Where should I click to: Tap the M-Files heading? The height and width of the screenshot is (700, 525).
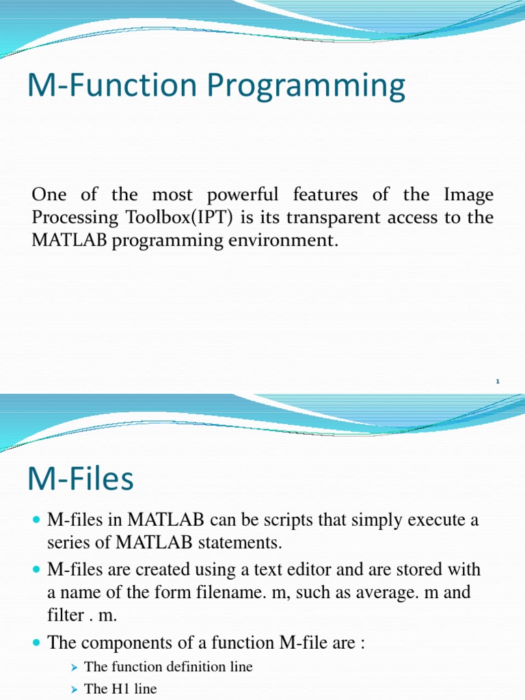81,479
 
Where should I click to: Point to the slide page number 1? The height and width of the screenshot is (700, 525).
498,381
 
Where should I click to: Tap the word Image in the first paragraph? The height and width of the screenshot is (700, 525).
470,195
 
